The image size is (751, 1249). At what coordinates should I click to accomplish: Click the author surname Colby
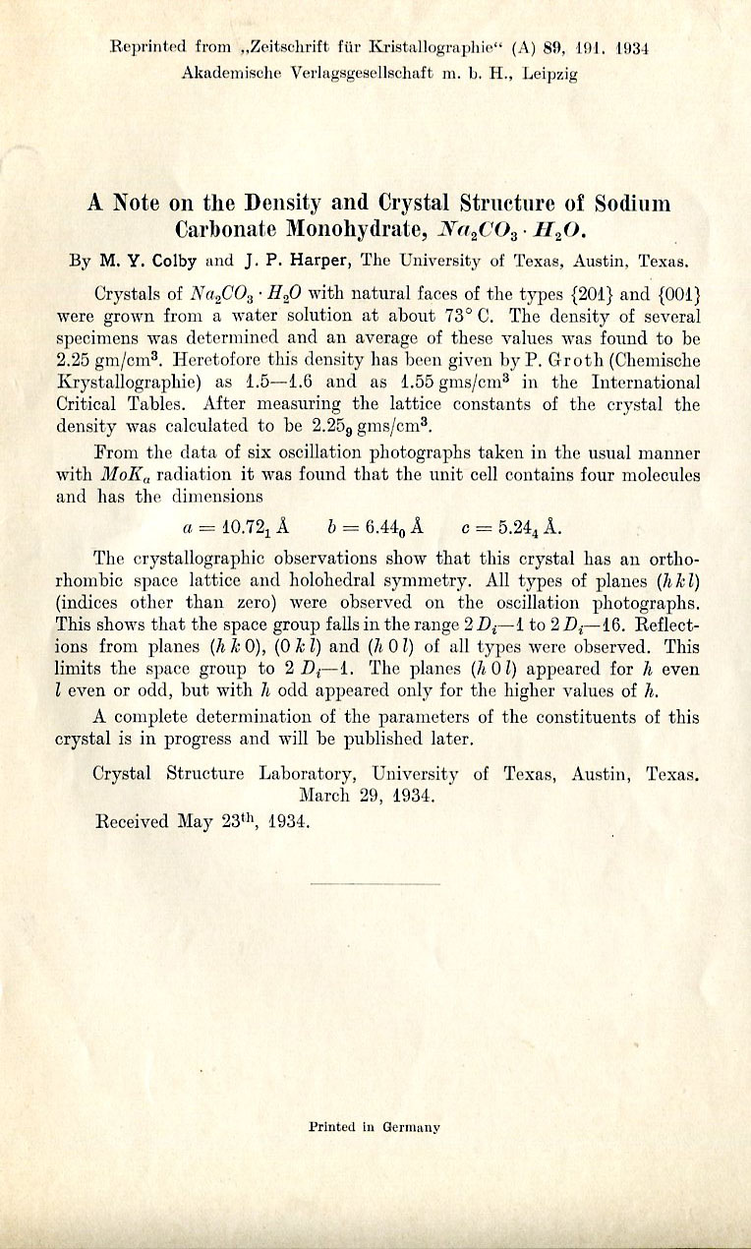pos(178,262)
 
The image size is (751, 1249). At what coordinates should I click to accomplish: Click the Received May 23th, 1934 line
pos(201,820)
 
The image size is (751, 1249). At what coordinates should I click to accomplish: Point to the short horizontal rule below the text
pos(375,885)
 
